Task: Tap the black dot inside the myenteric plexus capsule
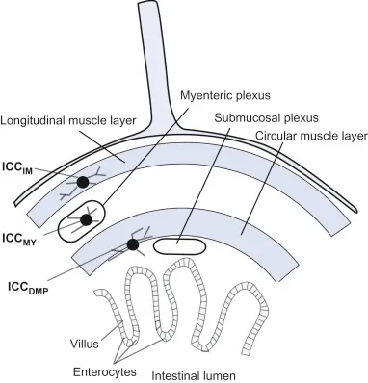click(x=87, y=220)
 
